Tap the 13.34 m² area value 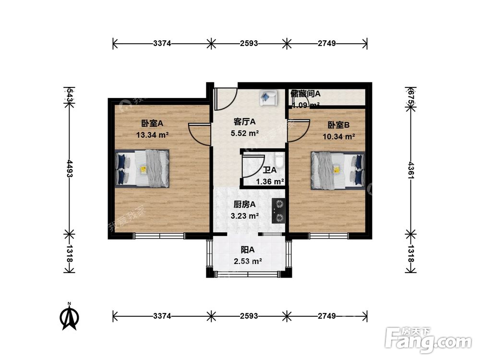pyautogui.click(x=152, y=135)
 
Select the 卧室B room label pyautogui.click(x=338, y=125)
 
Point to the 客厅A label pyautogui.click(x=244, y=122)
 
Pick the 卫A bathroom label pyautogui.click(x=270, y=170)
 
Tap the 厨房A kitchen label pyautogui.click(x=242, y=204)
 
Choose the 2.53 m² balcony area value pyautogui.click(x=247, y=261)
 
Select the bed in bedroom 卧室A pyautogui.click(x=143, y=168)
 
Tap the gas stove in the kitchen pyautogui.click(x=278, y=211)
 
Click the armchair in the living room pyautogui.click(x=267, y=97)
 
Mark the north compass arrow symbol pyautogui.click(x=70, y=316)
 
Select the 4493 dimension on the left pyautogui.click(x=70, y=168)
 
